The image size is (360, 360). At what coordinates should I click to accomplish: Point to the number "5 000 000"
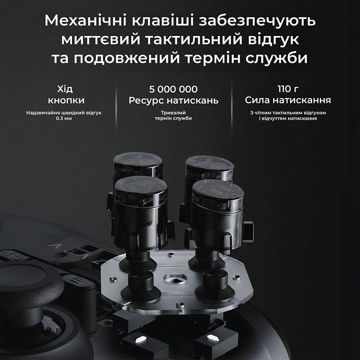point(173,89)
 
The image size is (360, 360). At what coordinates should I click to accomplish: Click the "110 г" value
point(288,89)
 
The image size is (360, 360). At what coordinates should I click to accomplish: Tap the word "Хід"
point(65,89)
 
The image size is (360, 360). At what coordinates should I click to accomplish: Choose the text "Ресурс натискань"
point(173,100)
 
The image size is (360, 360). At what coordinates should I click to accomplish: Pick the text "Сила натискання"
point(288,100)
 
